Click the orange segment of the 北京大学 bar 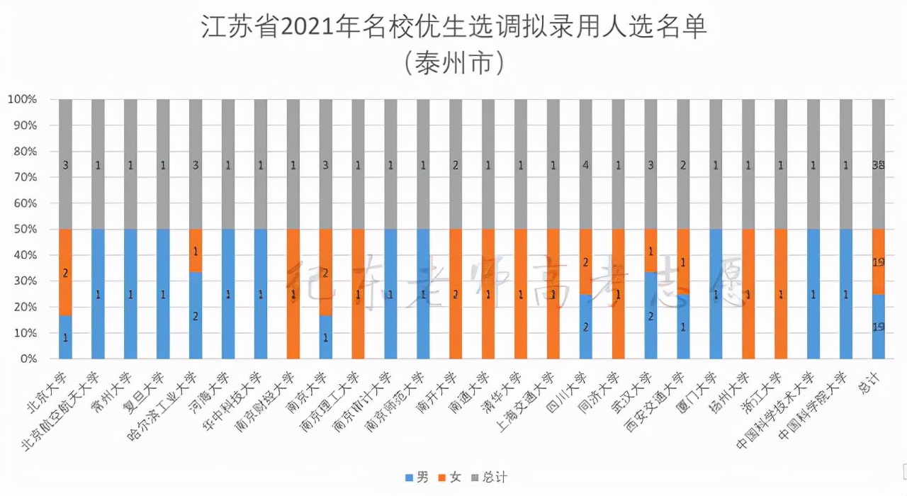coord(65,272)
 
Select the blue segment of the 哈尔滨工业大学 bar coord(196,315)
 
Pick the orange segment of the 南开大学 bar coord(456,294)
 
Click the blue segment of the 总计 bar coord(879,327)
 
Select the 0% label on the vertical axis coord(28,359)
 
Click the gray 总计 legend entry coord(488,477)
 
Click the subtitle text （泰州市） coord(453,64)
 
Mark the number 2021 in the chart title coord(309,28)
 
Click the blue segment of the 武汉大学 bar coord(650,315)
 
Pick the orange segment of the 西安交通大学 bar coord(683,261)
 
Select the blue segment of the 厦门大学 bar coord(716,294)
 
